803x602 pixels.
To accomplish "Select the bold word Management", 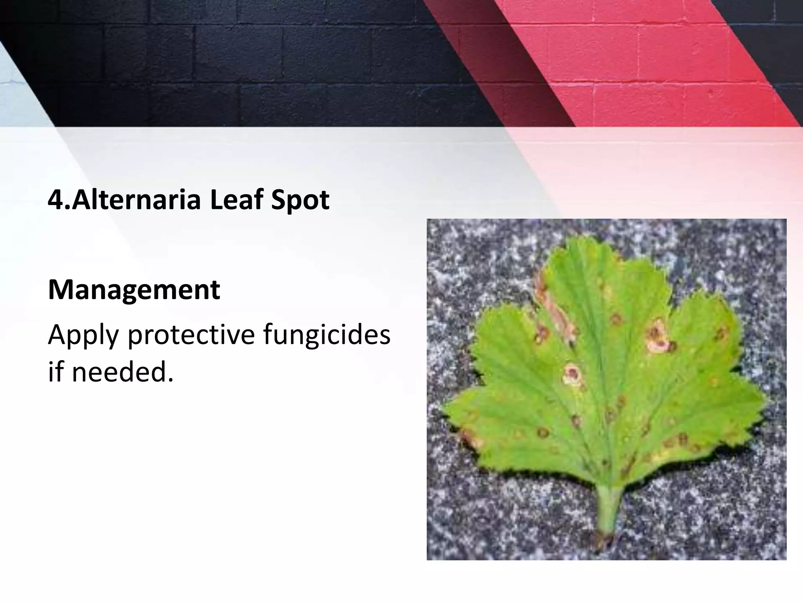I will point(134,291).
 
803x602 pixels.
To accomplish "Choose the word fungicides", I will point(327,335).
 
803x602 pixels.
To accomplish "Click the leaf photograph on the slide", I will point(606,389).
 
